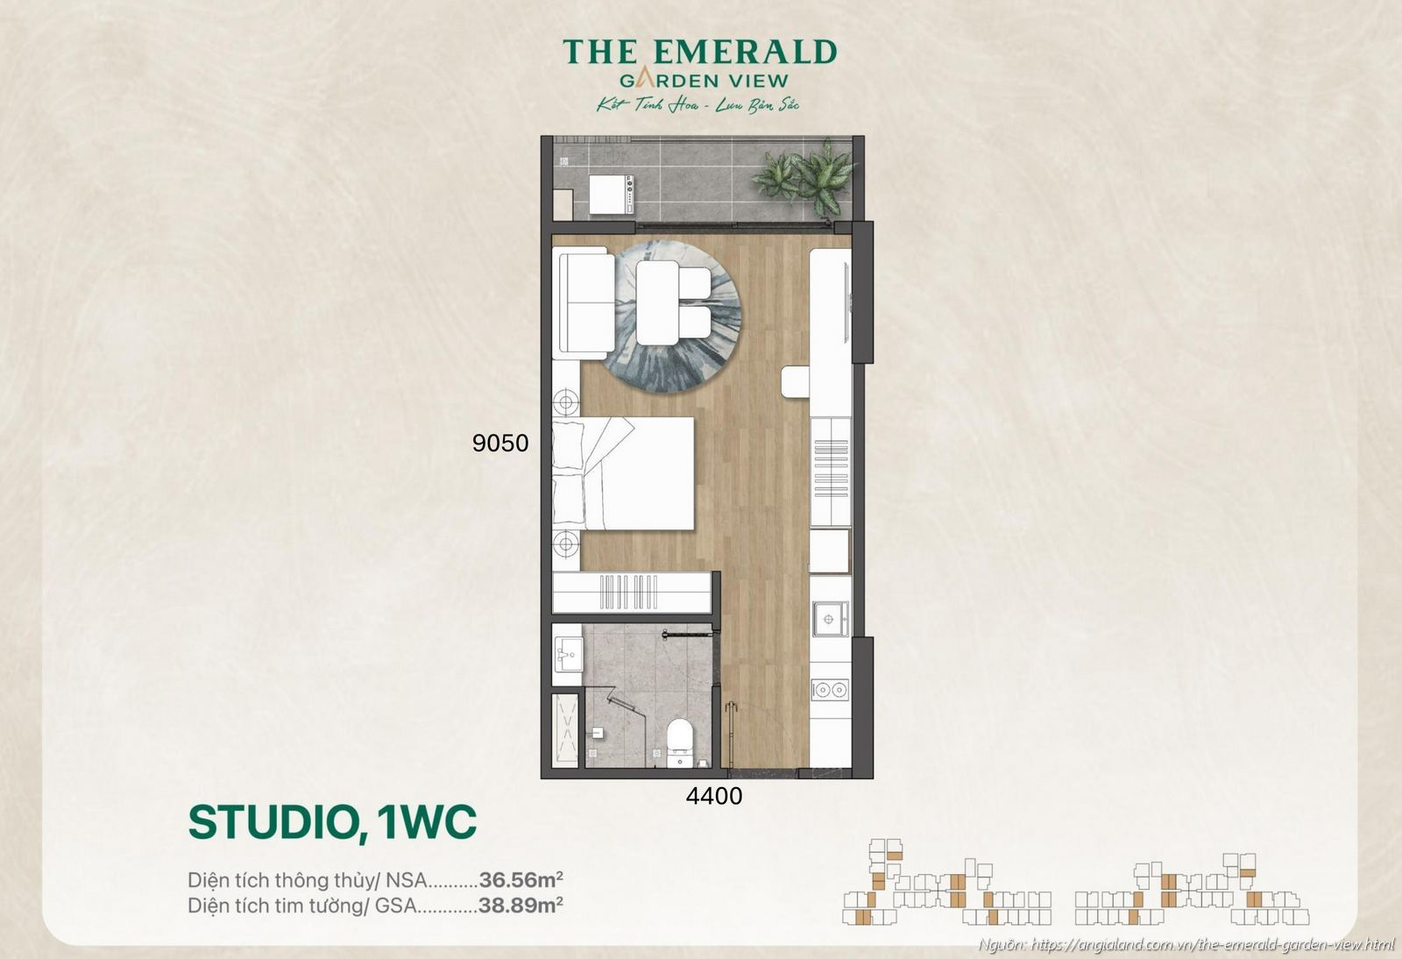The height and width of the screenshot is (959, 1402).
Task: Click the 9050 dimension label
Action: tap(499, 444)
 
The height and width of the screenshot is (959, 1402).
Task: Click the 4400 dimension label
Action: tap(713, 797)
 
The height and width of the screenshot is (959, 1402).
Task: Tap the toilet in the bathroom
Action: tap(680, 741)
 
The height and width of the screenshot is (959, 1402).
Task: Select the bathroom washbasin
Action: tap(567, 654)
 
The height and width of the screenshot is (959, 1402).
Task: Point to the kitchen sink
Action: tap(829, 619)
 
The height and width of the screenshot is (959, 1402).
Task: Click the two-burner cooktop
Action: tap(829, 690)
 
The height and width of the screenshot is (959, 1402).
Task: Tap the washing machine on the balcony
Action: tap(611, 194)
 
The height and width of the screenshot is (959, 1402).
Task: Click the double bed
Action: tap(624, 473)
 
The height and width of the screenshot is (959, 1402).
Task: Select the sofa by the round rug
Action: tap(584, 303)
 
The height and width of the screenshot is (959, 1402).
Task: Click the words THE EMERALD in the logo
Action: tap(699, 53)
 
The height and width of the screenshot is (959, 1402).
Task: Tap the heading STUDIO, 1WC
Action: tap(332, 822)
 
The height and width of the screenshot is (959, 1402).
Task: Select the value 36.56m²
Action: tap(520, 879)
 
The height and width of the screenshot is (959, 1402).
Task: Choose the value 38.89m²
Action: tap(520, 906)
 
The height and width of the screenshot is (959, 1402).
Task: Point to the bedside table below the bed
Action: tap(566, 544)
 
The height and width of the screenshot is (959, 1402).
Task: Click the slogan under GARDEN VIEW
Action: tap(697, 105)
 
